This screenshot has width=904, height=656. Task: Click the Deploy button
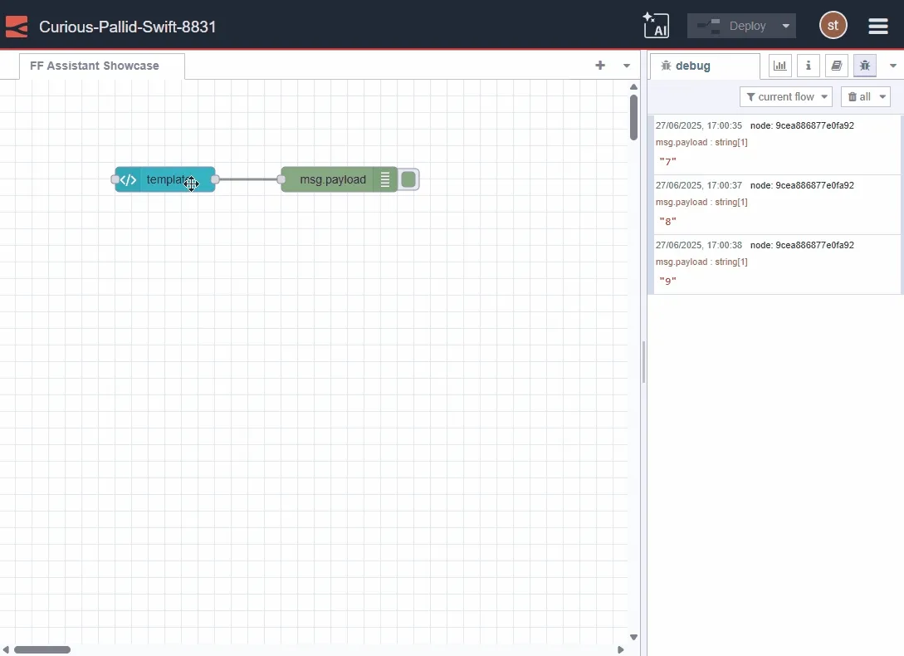click(x=732, y=26)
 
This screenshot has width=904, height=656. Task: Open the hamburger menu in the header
click(x=878, y=26)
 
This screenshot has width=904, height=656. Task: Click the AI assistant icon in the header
click(x=656, y=25)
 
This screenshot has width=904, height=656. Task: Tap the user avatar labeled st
click(x=833, y=25)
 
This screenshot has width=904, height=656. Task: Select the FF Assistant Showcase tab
click(x=95, y=66)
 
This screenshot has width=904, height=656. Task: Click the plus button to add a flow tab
click(x=600, y=66)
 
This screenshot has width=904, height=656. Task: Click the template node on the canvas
click(x=166, y=179)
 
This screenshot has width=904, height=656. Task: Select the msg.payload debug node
click(x=332, y=179)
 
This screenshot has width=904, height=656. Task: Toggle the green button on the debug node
click(x=408, y=179)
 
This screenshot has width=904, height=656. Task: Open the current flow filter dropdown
click(x=785, y=97)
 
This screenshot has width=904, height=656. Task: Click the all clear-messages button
click(x=865, y=97)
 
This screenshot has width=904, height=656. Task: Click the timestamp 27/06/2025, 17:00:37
click(x=698, y=185)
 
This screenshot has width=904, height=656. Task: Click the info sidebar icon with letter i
click(x=809, y=66)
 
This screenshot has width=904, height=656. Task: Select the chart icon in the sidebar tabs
click(x=780, y=66)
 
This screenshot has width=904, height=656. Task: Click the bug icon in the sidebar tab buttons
click(x=865, y=66)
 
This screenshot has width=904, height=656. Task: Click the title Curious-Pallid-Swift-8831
click(x=128, y=27)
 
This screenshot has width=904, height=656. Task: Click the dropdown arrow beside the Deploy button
click(x=785, y=26)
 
